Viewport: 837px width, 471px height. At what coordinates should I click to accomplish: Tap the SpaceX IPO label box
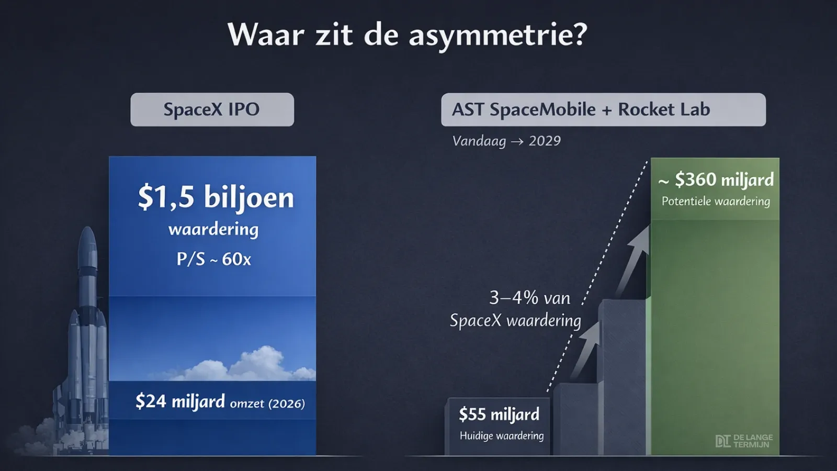pos(212,109)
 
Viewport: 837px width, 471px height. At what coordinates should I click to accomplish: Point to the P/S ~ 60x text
pos(214,259)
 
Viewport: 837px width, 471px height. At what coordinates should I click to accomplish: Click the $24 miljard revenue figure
pos(180,401)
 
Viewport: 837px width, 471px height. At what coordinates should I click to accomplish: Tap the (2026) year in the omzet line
pos(286,403)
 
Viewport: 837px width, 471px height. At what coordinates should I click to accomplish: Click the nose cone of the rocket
pos(88,239)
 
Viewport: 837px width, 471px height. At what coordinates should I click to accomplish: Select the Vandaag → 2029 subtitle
pos(506,141)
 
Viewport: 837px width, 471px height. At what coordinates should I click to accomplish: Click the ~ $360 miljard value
pos(716,180)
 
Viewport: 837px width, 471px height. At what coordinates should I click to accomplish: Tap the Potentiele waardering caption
pos(716,201)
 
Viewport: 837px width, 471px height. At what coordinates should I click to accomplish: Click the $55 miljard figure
pos(499,414)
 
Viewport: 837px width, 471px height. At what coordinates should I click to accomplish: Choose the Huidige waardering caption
pos(502,436)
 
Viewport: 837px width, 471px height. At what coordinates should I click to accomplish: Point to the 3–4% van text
pos(530,298)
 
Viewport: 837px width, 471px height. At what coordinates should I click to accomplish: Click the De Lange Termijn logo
pos(744,441)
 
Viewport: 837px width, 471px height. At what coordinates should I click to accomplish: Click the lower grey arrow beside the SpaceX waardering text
pos(585,351)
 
